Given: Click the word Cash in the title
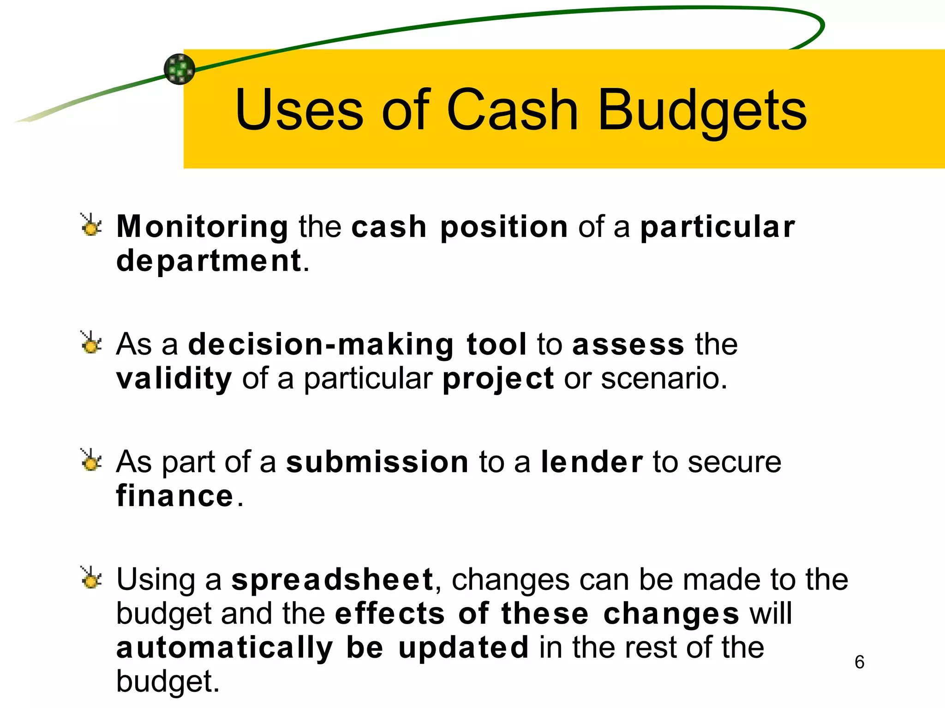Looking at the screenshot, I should pos(512,111).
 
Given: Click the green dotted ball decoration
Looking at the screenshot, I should pos(179,69).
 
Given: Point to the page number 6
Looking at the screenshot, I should pos(859,662).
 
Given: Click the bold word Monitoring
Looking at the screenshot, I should pos(202,227).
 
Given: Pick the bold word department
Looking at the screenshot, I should pos(209,261).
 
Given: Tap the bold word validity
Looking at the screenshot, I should pos(173,379).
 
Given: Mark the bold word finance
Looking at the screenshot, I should pos(174,496).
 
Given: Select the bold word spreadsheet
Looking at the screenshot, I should pos(332,579).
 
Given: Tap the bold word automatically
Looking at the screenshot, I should pos(224,648).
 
